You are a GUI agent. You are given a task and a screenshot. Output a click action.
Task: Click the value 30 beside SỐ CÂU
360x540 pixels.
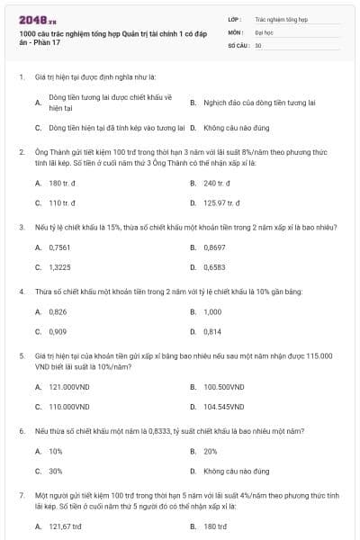(x=258, y=44)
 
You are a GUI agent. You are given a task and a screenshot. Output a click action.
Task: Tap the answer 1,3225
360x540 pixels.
(x=59, y=266)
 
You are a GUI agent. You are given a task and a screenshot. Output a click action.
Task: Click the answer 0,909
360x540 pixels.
(x=58, y=331)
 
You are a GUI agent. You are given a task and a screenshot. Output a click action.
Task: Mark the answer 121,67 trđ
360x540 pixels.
(x=65, y=526)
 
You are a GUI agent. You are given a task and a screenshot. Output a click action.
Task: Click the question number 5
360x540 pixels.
(x=21, y=355)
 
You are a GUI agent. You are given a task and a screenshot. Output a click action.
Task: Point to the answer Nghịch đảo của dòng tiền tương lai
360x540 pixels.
(x=259, y=103)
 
